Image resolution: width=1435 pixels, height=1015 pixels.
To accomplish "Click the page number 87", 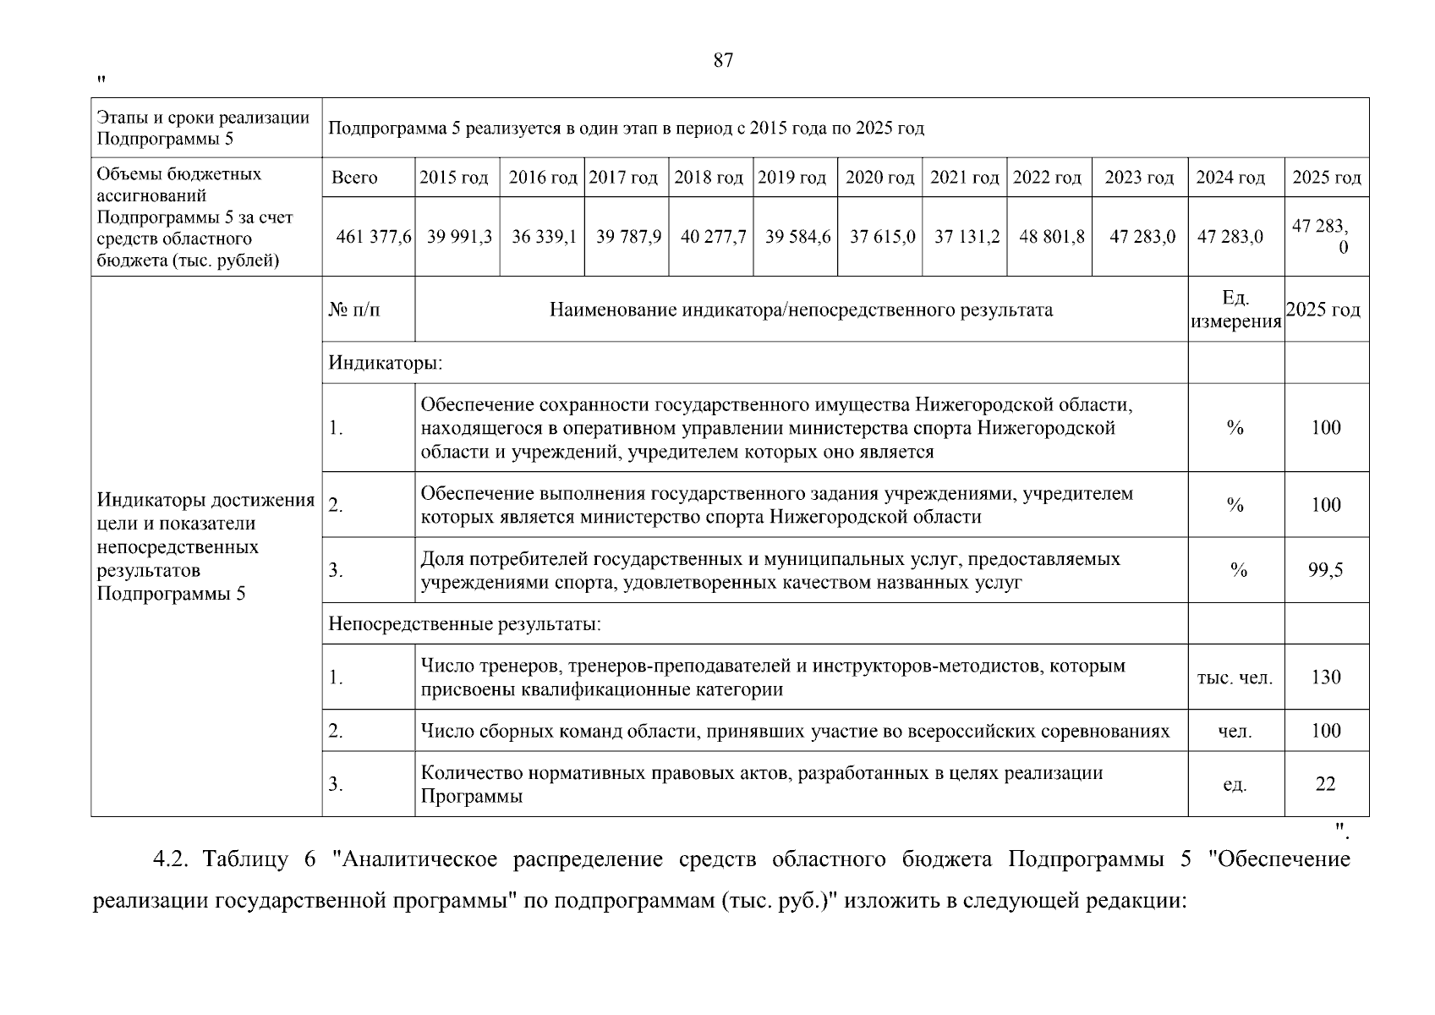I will click(723, 61).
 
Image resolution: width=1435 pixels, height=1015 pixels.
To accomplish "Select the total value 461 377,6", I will click(373, 237).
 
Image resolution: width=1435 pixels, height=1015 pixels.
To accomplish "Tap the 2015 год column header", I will click(454, 178).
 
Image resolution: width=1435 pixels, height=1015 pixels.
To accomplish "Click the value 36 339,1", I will click(544, 237).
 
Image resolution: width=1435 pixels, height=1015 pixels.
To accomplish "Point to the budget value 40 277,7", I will click(713, 237).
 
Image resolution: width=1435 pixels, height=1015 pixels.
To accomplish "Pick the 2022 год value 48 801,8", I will click(1051, 237).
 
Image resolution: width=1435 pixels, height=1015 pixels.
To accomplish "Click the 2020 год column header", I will click(879, 178).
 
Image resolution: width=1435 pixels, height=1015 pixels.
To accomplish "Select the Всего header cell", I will click(354, 178).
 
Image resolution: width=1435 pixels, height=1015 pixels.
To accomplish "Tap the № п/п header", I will click(353, 310).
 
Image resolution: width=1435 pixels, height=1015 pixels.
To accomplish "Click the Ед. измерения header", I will click(1235, 310).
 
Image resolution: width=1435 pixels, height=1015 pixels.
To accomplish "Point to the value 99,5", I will click(1325, 570).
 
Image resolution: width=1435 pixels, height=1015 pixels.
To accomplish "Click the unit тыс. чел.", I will click(1235, 678).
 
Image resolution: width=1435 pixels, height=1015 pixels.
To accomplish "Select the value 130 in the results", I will click(1325, 678).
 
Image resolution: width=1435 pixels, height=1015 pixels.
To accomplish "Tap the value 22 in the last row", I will click(1325, 784).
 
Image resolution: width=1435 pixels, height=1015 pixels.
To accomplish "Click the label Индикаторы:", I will click(386, 364).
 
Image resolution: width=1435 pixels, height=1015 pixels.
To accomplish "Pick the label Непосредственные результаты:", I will click(464, 625).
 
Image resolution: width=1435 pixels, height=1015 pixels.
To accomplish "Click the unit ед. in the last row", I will click(1235, 785).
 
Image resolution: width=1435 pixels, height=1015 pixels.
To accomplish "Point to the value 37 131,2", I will click(967, 237).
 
